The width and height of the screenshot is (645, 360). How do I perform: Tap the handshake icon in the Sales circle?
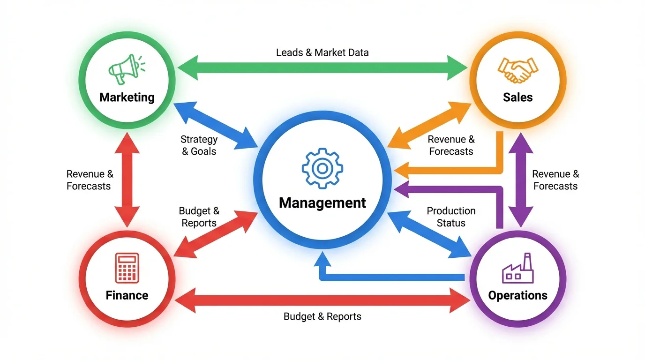[x=517, y=70]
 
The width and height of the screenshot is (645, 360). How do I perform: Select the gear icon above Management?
[x=322, y=168]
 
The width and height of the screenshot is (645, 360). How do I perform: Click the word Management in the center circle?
[x=322, y=203]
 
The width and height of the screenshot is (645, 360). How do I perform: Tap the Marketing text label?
[x=127, y=97]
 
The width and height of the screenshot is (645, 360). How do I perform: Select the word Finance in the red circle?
[x=127, y=295]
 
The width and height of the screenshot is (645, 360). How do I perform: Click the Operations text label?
[x=517, y=295]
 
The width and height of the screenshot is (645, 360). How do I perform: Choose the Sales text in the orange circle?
[x=517, y=97]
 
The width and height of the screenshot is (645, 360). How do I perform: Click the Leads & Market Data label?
[x=322, y=52]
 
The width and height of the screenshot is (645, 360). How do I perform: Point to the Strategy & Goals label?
[x=199, y=145]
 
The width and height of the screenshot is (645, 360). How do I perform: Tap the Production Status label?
[x=451, y=217]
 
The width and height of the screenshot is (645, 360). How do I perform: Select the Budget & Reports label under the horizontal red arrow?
[x=322, y=316]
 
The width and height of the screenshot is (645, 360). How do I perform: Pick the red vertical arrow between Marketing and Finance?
[x=127, y=180]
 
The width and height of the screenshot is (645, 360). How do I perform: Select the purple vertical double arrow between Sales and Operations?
[x=520, y=180]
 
